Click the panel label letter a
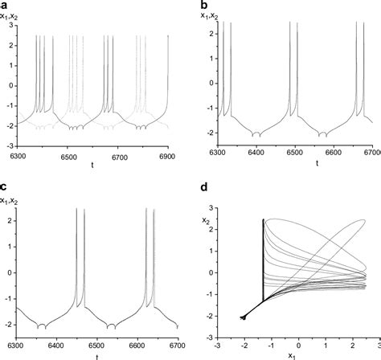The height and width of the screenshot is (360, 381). pos(5,4)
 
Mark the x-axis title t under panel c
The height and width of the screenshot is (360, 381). pos(96,355)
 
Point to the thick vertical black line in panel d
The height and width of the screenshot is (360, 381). pos(264,257)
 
